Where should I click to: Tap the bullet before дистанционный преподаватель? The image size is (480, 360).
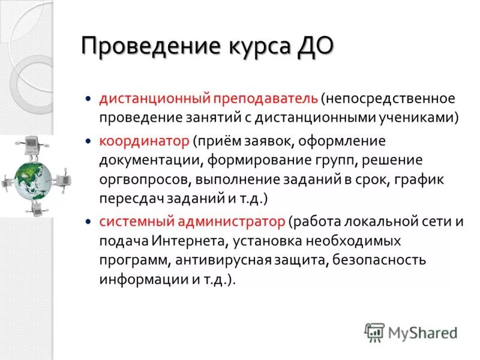(x=88, y=97)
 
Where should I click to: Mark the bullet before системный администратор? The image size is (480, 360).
(x=88, y=221)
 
